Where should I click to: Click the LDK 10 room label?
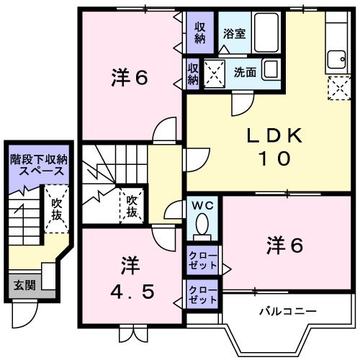pos(274,146)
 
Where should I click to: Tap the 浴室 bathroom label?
pos(234,33)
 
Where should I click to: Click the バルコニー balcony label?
pos(288,312)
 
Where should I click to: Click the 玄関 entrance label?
pos(19,284)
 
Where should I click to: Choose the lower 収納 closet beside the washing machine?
pos(193,73)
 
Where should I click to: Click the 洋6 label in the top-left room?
pos(130,77)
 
